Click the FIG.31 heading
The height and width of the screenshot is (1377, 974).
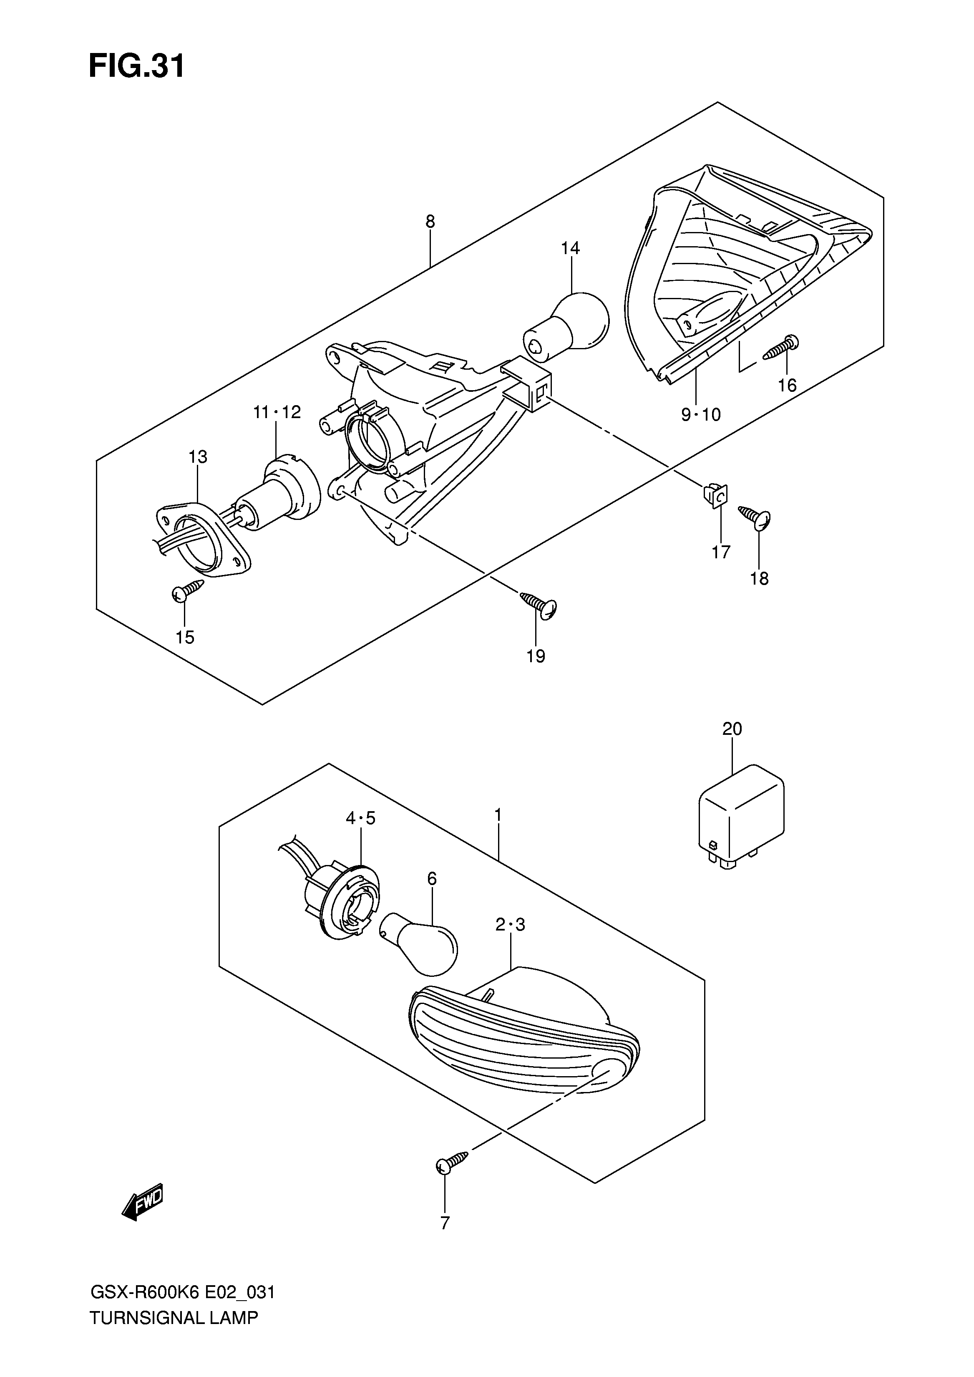coord(137,67)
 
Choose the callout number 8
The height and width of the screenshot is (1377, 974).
coord(430,222)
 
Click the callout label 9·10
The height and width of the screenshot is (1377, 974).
coord(700,414)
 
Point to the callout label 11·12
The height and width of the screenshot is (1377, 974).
coord(277,412)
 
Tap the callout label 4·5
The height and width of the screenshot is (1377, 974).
coord(360,818)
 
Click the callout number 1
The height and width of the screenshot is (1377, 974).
coord(498,815)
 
